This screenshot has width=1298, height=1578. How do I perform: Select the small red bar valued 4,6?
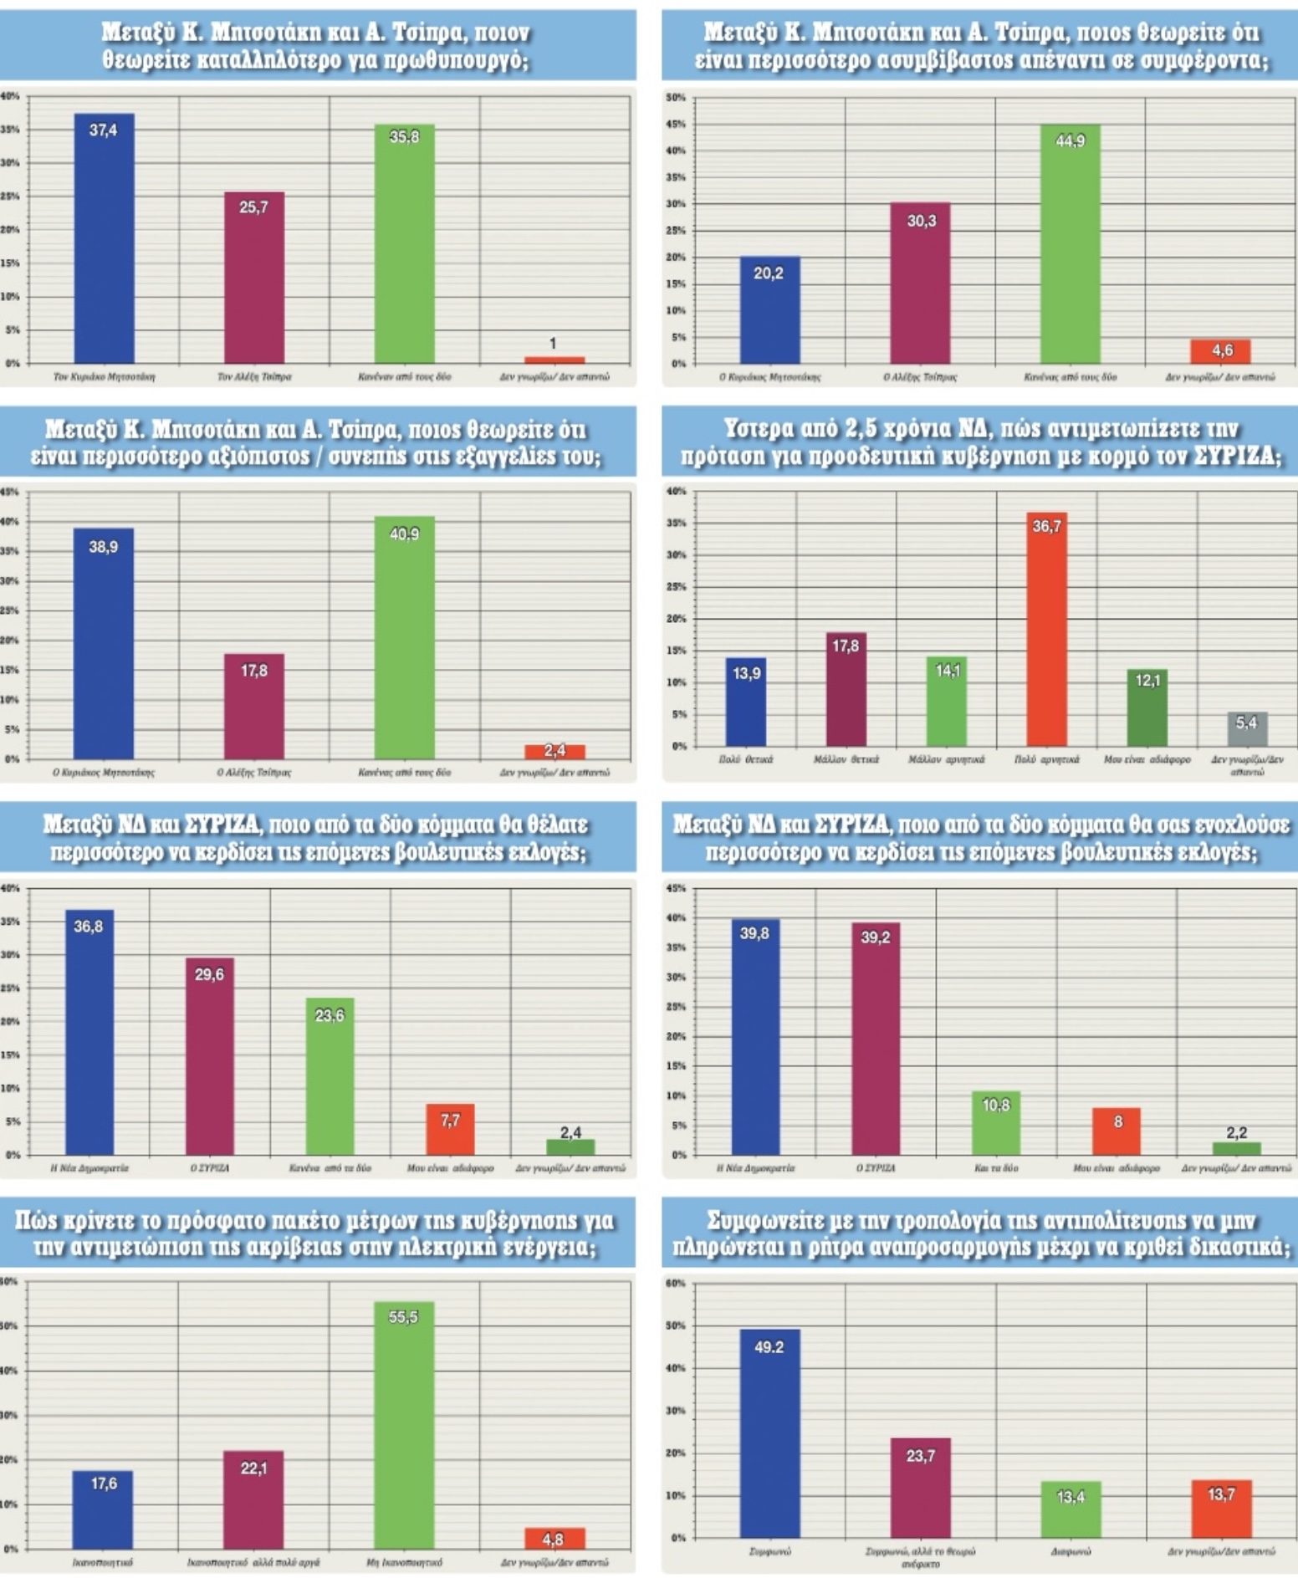click(1220, 351)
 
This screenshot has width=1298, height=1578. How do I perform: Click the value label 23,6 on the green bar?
click(330, 1015)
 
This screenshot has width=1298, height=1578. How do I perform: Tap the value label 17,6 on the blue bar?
click(104, 1484)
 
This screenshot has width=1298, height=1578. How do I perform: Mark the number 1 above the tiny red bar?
click(553, 343)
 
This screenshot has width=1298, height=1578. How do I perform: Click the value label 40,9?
click(404, 534)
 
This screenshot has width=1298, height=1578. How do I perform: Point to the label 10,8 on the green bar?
click(996, 1105)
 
